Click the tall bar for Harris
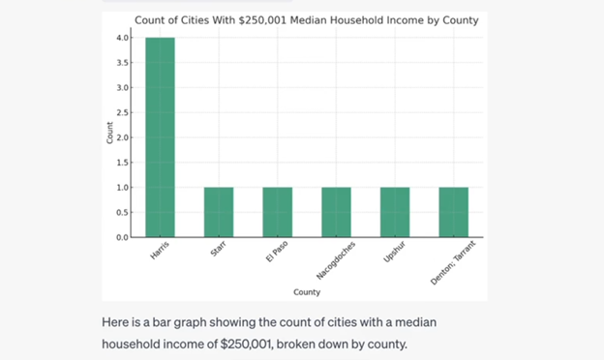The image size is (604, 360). [160, 137]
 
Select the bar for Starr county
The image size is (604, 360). [219, 212]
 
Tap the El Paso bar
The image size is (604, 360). [277, 212]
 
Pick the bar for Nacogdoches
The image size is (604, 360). [336, 212]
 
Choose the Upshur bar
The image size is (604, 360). [395, 212]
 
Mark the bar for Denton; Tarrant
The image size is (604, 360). [453, 212]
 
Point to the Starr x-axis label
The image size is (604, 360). [218, 250]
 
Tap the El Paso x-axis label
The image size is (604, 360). [277, 252]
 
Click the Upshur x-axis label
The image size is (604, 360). [392, 252]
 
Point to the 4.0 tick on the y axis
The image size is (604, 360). [123, 38]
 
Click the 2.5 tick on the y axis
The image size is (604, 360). [123, 112]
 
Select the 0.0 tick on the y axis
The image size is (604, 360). [123, 237]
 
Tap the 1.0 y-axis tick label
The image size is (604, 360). [123, 187]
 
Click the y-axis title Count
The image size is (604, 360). [109, 137]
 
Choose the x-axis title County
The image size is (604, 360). [307, 291]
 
